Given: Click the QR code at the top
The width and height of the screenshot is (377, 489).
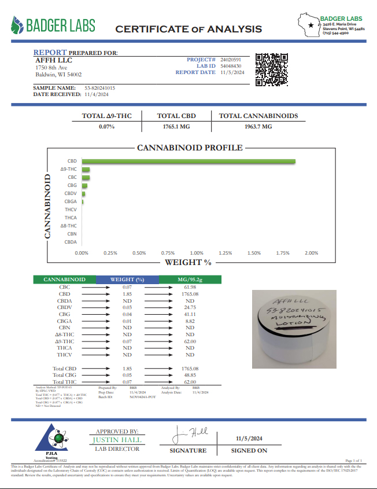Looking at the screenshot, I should pyautogui.click(x=272, y=69).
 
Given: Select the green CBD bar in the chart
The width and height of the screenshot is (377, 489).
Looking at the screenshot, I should pyautogui.click(x=188, y=161).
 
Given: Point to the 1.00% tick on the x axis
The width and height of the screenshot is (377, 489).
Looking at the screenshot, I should pyautogui.click(x=197, y=253).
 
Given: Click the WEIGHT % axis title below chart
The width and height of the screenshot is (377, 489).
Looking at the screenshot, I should pyautogui.click(x=188, y=262).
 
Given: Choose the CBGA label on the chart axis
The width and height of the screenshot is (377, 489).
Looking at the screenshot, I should pyautogui.click(x=71, y=201).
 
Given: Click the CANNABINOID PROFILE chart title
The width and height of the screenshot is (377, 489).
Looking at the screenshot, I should pyautogui.click(x=190, y=148).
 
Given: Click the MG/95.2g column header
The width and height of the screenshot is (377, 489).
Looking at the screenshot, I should pyautogui.click(x=189, y=280).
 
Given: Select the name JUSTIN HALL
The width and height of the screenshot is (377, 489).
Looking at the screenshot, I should pyautogui.click(x=116, y=440).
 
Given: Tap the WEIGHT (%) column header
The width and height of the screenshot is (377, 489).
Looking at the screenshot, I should pyautogui.click(x=127, y=280).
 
